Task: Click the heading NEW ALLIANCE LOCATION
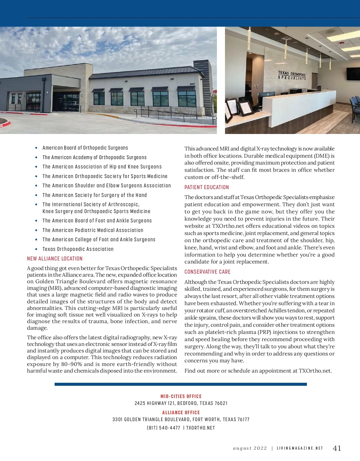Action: tap(55, 259)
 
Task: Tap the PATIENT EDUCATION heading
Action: tap(206, 187)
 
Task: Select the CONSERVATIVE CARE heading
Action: tap(207, 272)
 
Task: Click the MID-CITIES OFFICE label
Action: tap(181, 396)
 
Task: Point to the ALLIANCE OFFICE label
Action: tap(181, 412)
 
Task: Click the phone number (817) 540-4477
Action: tap(163, 428)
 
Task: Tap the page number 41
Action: tap(337, 448)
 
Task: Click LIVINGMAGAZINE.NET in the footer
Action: tap(300, 448)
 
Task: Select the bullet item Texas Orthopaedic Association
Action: tap(78, 249)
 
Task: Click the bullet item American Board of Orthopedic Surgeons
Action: tap(85, 148)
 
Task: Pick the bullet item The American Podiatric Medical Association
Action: tap(93, 230)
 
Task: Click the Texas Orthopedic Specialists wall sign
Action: tap(292, 75)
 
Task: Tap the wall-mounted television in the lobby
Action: tap(353, 74)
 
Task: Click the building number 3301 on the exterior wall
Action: tap(192, 84)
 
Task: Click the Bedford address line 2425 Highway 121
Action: tap(181, 403)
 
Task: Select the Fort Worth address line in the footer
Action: tap(181, 420)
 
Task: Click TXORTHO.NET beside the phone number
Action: tap(200, 428)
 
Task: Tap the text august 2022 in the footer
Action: tap(250, 448)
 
